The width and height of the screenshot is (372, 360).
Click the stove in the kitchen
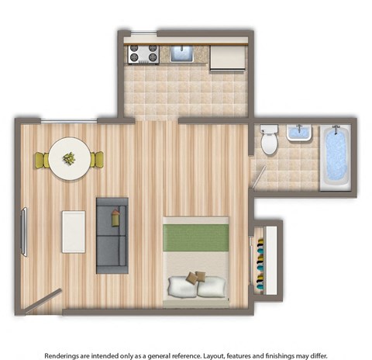tap(143, 54)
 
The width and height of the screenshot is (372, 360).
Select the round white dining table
tap(69, 159)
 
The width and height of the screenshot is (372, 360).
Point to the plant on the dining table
tap(69, 158)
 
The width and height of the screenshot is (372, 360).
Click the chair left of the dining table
tap(41, 161)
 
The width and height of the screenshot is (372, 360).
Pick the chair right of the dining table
tap(97, 160)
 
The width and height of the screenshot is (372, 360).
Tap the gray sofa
tap(111, 234)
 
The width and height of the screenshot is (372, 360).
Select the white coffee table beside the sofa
tap(74, 230)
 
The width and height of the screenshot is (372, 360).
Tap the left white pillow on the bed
tap(183, 286)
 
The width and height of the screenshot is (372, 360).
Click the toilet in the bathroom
tap(269, 140)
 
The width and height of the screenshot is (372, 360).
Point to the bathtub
tap(335, 158)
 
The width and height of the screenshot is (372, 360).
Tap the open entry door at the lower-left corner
tap(43, 301)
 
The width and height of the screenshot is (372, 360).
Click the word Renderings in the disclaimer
tap(66, 355)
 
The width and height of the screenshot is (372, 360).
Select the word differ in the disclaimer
tap(312, 355)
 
